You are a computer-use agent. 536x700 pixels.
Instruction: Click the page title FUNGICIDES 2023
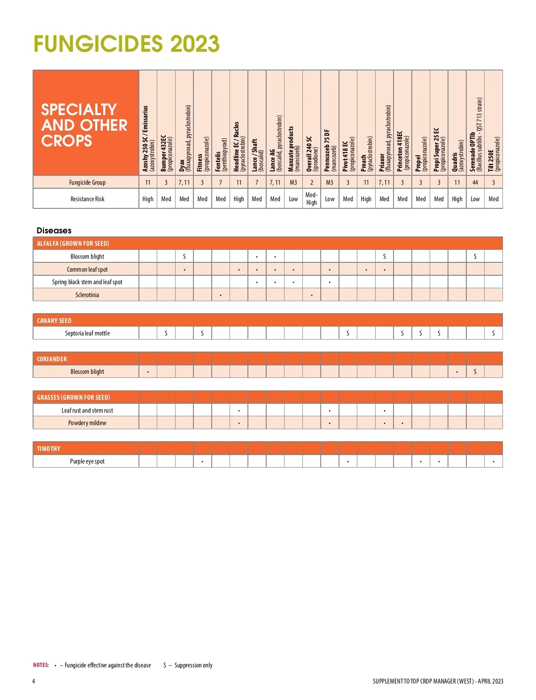tap(126, 44)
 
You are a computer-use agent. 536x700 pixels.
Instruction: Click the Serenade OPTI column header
tap(475, 134)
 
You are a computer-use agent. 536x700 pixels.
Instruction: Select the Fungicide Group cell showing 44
tap(475, 182)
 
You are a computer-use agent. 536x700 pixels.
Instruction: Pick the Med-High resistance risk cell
tap(311, 199)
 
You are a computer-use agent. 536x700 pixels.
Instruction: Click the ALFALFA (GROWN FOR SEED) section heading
tap(73, 244)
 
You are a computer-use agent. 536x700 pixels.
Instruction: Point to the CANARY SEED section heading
tap(54, 321)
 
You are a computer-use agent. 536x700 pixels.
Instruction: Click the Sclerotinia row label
tap(87, 295)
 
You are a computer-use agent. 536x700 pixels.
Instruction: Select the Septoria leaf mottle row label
tap(87, 333)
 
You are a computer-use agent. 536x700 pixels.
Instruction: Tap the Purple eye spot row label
tap(87, 461)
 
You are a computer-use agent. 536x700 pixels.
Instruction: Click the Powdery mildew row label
tap(87, 423)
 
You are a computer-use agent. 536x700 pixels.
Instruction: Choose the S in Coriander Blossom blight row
tap(475, 372)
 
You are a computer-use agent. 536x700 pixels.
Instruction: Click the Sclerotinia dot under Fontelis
tap(221, 295)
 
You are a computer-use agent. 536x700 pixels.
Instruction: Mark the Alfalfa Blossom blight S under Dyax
tap(184, 257)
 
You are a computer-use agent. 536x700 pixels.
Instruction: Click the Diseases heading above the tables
tap(54, 231)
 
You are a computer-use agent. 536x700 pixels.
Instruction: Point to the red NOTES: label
tap(41, 665)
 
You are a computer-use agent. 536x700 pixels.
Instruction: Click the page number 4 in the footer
tap(33, 681)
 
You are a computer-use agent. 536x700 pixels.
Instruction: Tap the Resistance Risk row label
tap(87, 199)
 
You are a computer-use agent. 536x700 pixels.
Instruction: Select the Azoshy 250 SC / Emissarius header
tap(148, 138)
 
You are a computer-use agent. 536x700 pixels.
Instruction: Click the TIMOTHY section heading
tap(49, 449)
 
